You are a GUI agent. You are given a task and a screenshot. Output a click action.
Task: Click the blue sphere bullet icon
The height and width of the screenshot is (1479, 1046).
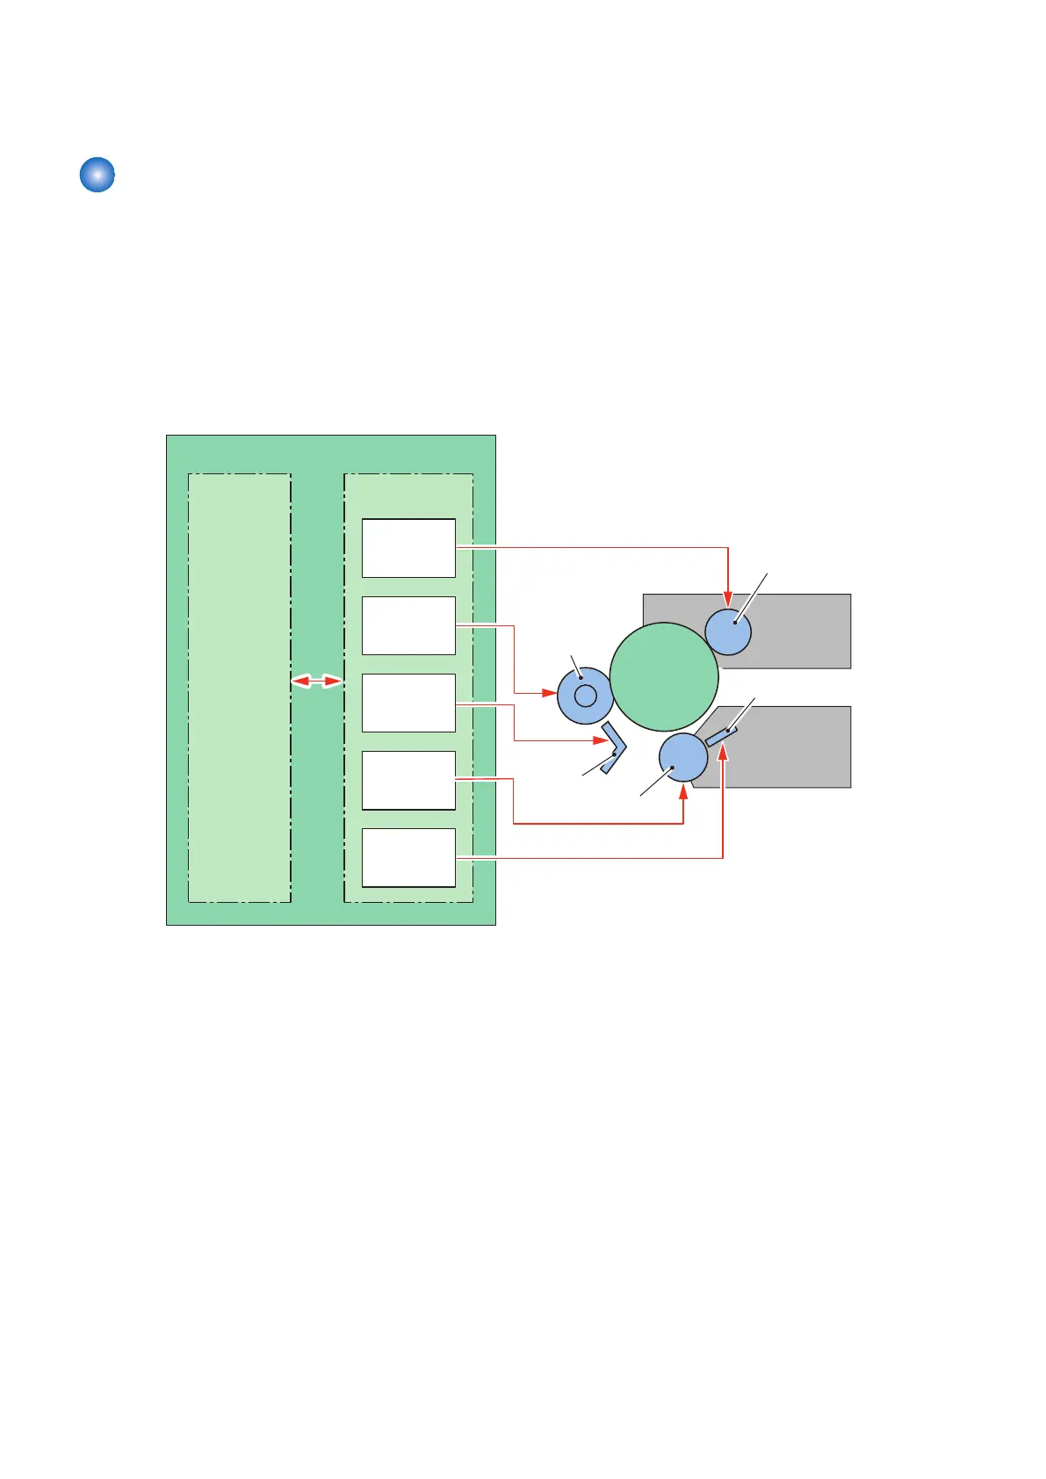click(x=97, y=175)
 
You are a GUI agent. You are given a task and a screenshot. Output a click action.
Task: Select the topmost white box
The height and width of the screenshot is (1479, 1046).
click(x=408, y=548)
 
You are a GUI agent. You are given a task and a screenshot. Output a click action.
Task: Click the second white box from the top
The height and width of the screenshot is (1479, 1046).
click(x=408, y=625)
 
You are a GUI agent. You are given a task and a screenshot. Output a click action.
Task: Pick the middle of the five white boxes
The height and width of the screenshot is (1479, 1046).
click(x=408, y=703)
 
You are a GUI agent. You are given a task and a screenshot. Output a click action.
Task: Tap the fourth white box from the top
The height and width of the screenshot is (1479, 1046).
click(x=408, y=780)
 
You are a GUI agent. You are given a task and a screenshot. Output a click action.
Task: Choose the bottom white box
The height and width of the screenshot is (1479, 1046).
click(x=408, y=857)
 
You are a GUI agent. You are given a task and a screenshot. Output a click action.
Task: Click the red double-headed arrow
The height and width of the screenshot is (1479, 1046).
click(x=317, y=681)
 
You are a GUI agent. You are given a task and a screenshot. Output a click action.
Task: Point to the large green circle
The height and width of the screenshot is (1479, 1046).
click(x=664, y=676)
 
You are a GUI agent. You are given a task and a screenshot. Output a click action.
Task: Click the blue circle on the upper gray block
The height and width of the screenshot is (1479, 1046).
click(x=728, y=631)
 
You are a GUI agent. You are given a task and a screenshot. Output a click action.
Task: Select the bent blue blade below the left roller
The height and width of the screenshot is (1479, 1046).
click(x=615, y=747)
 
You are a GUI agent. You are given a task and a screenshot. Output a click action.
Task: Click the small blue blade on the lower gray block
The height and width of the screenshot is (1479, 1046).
click(x=721, y=737)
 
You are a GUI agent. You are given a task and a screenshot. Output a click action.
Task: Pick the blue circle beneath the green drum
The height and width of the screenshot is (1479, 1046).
click(x=683, y=757)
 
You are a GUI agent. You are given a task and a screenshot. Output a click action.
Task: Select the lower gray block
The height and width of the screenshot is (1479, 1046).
click(x=790, y=755)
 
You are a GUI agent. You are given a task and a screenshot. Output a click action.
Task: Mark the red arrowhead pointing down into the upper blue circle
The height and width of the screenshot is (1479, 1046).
click(x=728, y=600)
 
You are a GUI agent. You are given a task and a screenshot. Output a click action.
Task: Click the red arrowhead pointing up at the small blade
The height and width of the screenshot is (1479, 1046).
click(x=723, y=754)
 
